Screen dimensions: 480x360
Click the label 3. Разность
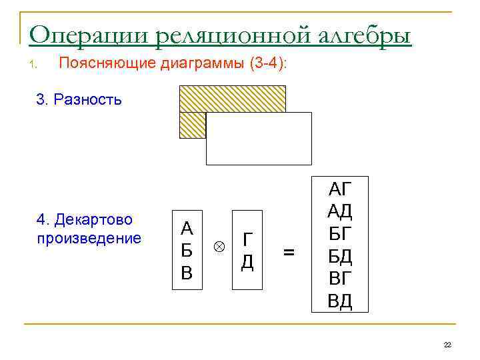(79, 101)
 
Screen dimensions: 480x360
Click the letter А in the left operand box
(187, 229)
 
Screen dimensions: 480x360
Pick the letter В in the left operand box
(187, 273)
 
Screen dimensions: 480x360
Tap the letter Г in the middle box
(247, 240)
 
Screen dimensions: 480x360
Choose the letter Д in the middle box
(247, 262)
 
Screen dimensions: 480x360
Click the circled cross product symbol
(218, 246)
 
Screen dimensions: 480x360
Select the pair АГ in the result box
(340, 189)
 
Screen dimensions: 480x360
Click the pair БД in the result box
(340, 257)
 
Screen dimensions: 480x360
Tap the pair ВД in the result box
(340, 301)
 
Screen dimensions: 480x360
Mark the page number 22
(447, 344)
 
